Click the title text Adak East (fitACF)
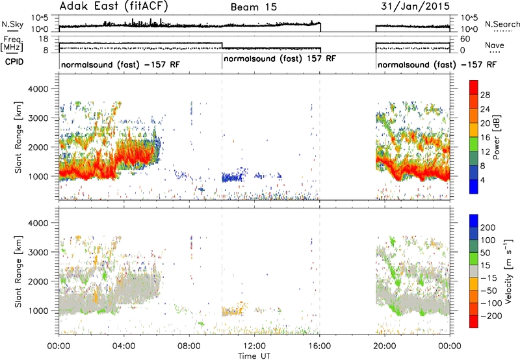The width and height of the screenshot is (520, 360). pyautogui.click(x=114, y=6)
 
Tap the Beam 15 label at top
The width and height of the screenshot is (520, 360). pyautogui.click(x=253, y=7)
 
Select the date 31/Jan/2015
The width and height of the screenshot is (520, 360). pyautogui.click(x=415, y=6)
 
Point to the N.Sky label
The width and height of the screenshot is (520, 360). pyautogui.click(x=12, y=24)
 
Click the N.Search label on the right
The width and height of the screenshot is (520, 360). pyautogui.click(x=502, y=24)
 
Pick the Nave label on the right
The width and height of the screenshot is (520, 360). pyautogui.click(x=495, y=45)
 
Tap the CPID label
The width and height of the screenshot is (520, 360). pyautogui.click(x=14, y=62)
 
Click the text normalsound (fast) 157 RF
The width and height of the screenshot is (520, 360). pyautogui.click(x=280, y=58)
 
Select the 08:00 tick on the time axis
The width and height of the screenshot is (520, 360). pyautogui.click(x=189, y=346)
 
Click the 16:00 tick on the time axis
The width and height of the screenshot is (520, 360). pyautogui.click(x=319, y=346)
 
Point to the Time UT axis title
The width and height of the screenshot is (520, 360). pyautogui.click(x=254, y=356)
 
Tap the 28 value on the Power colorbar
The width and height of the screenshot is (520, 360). pyautogui.click(x=485, y=95)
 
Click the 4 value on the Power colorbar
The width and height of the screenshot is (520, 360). pyautogui.click(x=483, y=180)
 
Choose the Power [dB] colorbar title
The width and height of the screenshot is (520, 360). pyautogui.click(x=496, y=137)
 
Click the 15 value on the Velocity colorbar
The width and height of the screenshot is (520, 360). pyautogui.click(x=485, y=265)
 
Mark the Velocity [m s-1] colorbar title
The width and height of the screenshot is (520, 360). pyautogui.click(x=508, y=271)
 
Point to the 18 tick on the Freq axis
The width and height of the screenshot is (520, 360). pyautogui.click(x=44, y=39)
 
